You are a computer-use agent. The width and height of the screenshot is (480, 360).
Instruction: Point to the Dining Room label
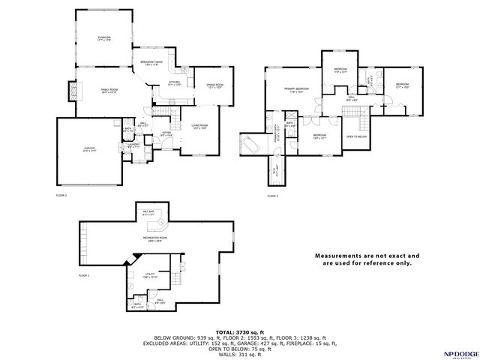coord(215,86)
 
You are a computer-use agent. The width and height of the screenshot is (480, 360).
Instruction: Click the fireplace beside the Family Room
coord(73,92)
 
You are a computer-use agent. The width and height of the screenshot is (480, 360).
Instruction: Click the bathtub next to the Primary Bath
coord(250,142)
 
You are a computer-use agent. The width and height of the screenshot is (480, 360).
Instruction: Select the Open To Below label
coord(356,137)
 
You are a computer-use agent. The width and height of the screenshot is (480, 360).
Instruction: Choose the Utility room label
coord(150,275)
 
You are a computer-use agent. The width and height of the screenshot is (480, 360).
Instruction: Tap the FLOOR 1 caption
coord(84,276)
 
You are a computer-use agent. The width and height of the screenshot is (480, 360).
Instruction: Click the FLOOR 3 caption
coord(272,196)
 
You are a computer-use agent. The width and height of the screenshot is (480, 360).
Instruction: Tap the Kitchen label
coord(174,83)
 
